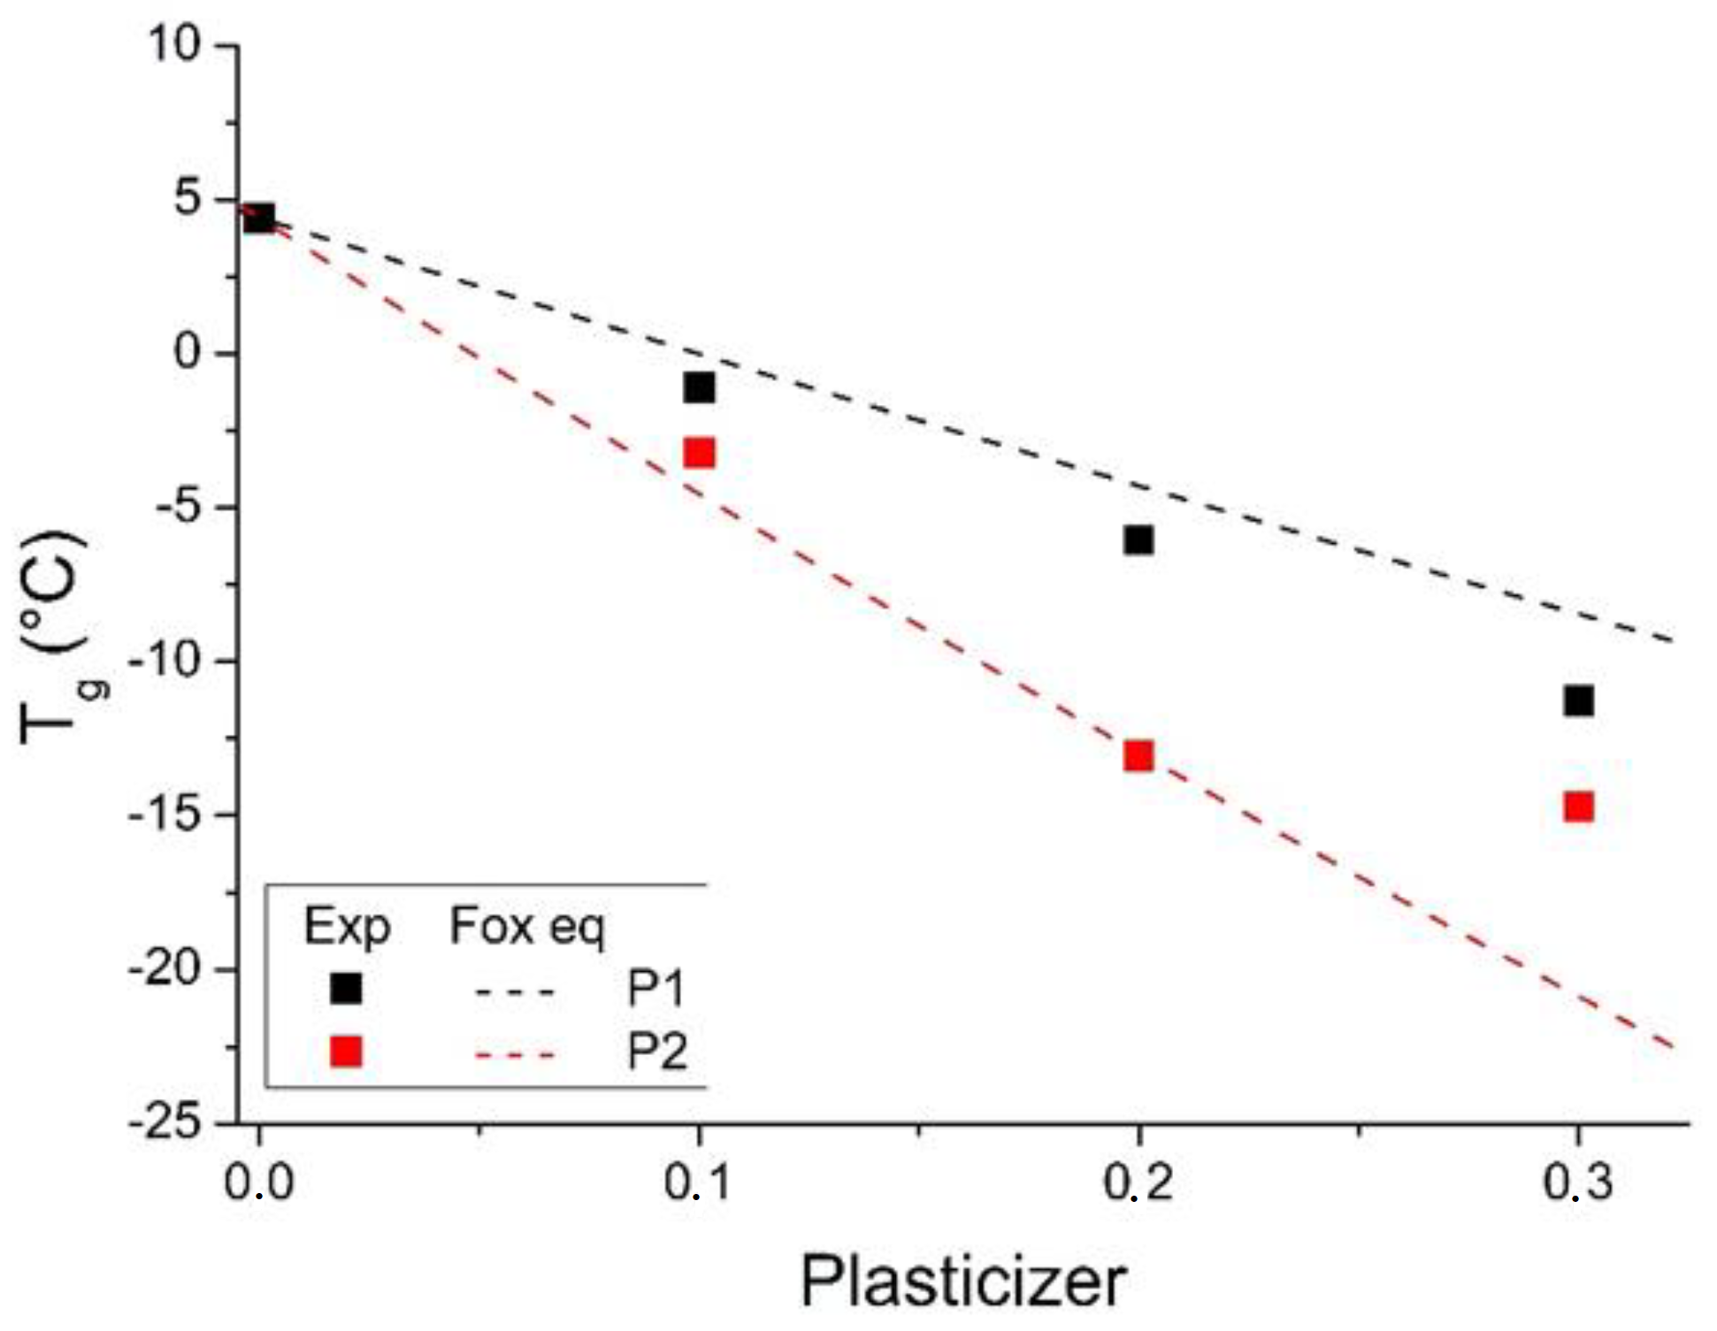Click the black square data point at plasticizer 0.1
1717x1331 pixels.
coord(699,387)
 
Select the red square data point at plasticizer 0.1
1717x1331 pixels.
coord(699,454)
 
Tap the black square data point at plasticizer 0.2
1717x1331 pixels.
coord(1138,539)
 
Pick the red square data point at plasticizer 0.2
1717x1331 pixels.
coord(1138,756)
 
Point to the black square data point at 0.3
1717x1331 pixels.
coord(1578,701)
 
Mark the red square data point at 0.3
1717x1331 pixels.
coord(1578,807)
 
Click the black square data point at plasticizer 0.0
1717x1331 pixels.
coord(259,217)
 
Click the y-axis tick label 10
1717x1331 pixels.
coord(174,44)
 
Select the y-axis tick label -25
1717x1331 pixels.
coord(165,1123)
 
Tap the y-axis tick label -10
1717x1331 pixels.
coord(165,662)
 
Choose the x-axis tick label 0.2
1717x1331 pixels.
coord(1138,1182)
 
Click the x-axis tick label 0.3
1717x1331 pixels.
coord(1578,1182)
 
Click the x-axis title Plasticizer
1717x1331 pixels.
coord(963,1281)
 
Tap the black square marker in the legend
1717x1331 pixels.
coord(346,988)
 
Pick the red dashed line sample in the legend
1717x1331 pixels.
coord(515,1054)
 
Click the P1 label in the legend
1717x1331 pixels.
coord(656,988)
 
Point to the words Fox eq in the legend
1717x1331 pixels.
coord(527,927)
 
